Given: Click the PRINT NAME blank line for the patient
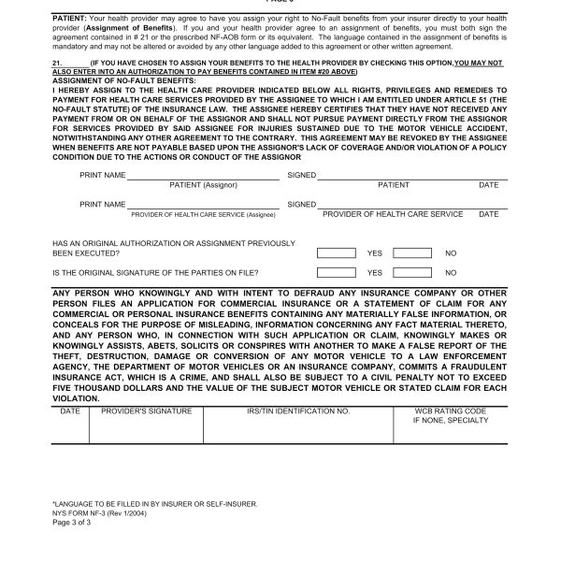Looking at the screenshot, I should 203,177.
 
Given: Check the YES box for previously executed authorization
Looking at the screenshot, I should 337,252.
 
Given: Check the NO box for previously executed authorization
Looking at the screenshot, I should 411,252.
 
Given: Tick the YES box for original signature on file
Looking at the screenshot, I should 337,273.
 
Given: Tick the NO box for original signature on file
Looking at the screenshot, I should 411,273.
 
